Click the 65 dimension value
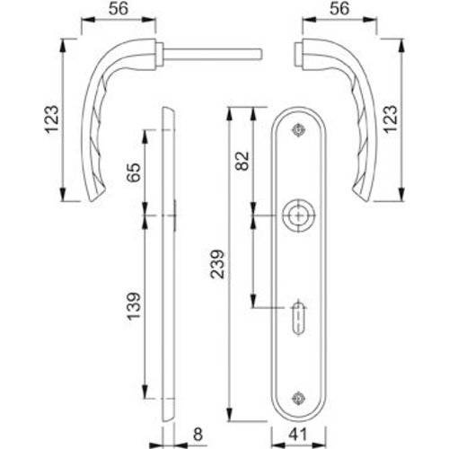click(x=133, y=173)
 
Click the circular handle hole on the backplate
click(x=297, y=216)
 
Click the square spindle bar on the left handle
click(x=216, y=52)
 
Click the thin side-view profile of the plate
click(x=169, y=269)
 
